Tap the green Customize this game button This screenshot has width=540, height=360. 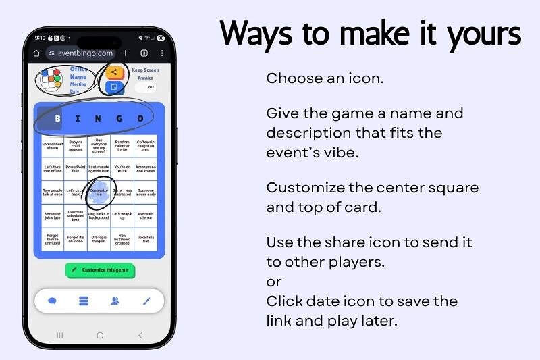(101, 270)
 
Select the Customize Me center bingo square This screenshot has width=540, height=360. (99, 192)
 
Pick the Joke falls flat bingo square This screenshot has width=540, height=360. (145, 238)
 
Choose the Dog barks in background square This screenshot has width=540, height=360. (99, 215)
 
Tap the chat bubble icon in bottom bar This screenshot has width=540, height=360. (53, 301)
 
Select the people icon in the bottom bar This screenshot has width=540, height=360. (115, 301)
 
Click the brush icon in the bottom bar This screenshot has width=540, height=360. (146, 301)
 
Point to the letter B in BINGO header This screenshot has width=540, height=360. (57, 119)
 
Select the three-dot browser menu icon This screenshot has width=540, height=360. (162, 53)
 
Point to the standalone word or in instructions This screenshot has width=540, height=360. (273, 282)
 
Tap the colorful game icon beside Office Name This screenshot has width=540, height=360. (51, 79)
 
